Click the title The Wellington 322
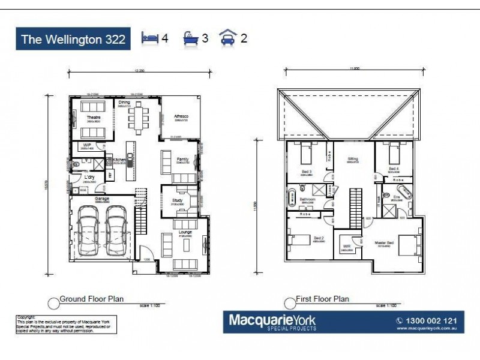[x=73, y=40]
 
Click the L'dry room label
[x=89, y=177]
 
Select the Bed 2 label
[x=319, y=238]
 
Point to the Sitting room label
[x=353, y=159]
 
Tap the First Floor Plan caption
[x=322, y=298]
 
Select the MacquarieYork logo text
[x=272, y=322]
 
